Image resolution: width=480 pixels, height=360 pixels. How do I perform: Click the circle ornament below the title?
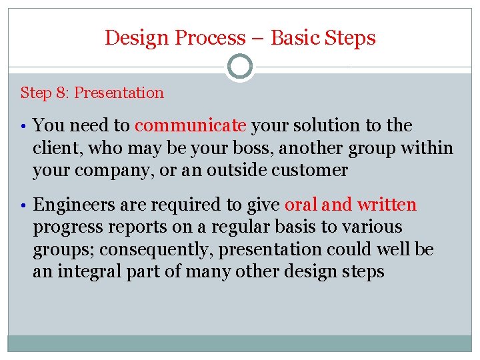(240, 67)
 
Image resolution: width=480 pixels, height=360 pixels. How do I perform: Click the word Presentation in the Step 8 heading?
(119, 93)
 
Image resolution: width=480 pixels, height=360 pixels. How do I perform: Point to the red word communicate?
(191, 125)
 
